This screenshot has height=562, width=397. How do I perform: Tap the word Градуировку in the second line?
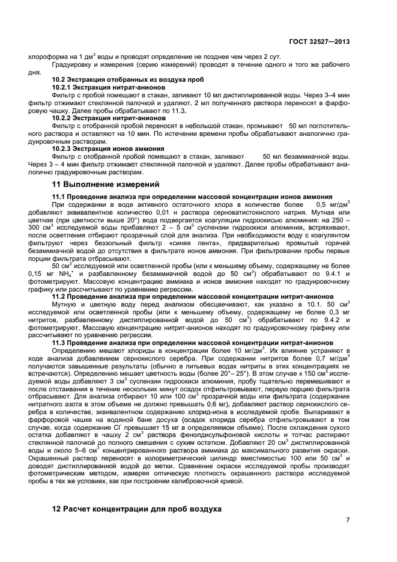[x=72, y=64]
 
